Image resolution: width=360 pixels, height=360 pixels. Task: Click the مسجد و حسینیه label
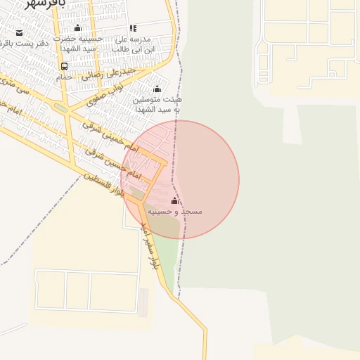(182, 211)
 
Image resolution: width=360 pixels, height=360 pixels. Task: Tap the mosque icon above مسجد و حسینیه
(174, 201)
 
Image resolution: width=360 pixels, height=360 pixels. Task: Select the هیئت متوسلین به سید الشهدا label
(157, 105)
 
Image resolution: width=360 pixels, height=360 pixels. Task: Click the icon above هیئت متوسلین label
(157, 89)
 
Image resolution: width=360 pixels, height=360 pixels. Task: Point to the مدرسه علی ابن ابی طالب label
(135, 44)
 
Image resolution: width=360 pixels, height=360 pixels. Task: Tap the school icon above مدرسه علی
(133, 29)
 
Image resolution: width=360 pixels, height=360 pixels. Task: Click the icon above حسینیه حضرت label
(77, 28)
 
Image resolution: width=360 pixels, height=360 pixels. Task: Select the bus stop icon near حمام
(64, 66)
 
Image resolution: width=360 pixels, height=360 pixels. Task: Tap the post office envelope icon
(19, 33)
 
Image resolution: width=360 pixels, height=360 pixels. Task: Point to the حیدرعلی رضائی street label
(102, 73)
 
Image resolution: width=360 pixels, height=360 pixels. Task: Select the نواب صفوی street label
(106, 96)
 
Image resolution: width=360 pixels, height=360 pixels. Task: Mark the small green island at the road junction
(60, 108)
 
